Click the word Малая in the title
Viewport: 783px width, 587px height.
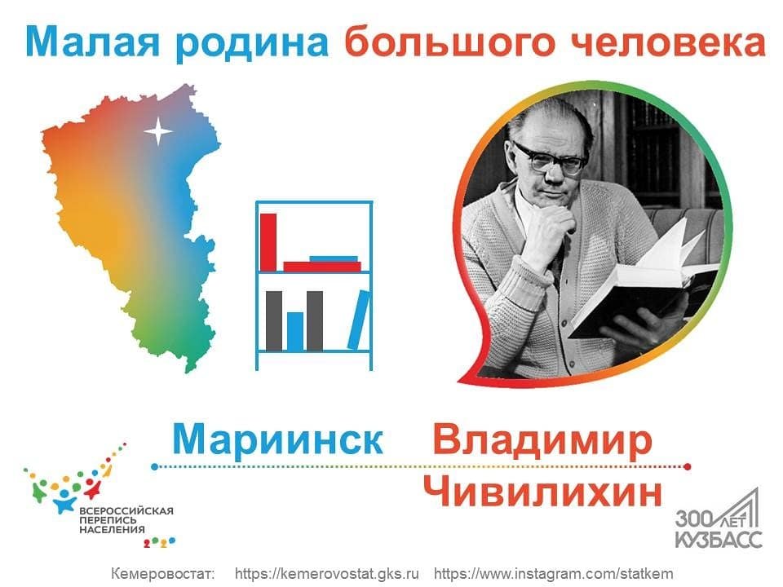[x=93, y=43]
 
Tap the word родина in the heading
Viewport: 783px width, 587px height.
[x=251, y=44]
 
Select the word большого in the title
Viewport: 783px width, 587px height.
[x=450, y=44]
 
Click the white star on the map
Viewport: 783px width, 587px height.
[x=158, y=131]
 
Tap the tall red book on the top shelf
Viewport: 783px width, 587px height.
[x=268, y=242]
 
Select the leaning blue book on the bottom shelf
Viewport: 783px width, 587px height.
[x=359, y=320]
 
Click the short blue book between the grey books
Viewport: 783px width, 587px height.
[x=295, y=331]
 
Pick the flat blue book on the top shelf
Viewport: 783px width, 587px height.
[x=334, y=258]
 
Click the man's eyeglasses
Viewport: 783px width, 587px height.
[x=548, y=158]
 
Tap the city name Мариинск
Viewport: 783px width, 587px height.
[x=277, y=439]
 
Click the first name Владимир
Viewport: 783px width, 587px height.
[x=543, y=440]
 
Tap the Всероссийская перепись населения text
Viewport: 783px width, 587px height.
[x=126, y=520]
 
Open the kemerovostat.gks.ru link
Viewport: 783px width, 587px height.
[x=326, y=573]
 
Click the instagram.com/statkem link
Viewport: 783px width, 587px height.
[x=553, y=573]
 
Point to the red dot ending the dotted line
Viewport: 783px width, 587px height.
[x=687, y=466]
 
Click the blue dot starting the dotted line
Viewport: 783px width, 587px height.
[x=155, y=466]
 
